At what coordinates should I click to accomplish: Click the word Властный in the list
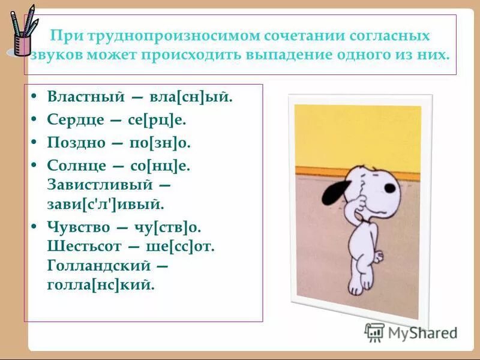pos(85,96)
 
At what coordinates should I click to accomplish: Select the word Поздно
pos(76,143)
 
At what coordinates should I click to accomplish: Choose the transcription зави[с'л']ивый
pos(104,204)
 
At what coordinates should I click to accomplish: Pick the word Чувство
pos(79,227)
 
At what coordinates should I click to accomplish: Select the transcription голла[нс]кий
pos(100,284)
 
